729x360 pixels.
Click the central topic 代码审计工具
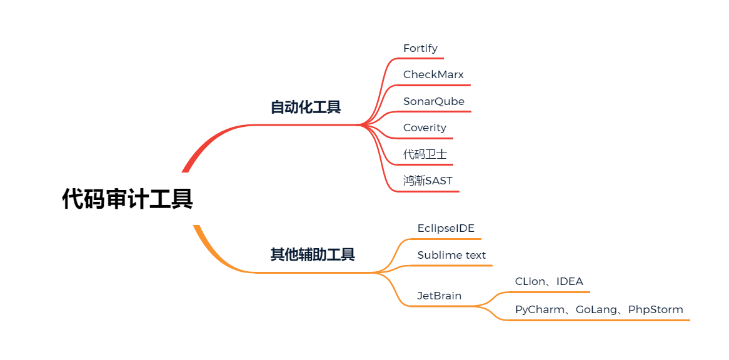128,199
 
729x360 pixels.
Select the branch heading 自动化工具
306,107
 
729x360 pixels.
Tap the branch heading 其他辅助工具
313,254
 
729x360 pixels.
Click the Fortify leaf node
420,48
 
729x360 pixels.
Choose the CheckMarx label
433,74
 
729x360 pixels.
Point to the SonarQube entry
434,101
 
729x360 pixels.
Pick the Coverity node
425,127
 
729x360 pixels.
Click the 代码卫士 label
425,154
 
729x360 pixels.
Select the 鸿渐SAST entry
428,181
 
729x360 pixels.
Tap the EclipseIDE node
446,228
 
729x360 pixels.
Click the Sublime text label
451,255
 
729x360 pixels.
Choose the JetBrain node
439,296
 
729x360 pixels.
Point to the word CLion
530,281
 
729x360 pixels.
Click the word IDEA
570,281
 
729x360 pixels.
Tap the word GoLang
593,309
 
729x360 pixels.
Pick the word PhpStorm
655,309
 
